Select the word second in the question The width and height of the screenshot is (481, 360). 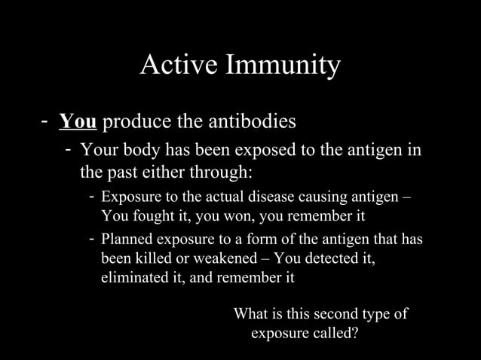pyautogui.click(x=332, y=313)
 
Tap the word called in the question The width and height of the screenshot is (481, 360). pyautogui.click(x=332, y=331)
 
